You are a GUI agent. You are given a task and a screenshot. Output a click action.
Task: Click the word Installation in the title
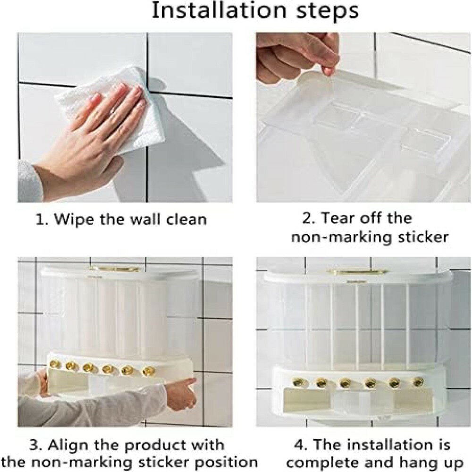pos(219,10)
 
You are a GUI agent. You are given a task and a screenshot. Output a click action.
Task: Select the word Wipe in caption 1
pos(75,219)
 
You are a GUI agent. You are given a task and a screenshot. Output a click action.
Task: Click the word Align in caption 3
pos(68,445)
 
